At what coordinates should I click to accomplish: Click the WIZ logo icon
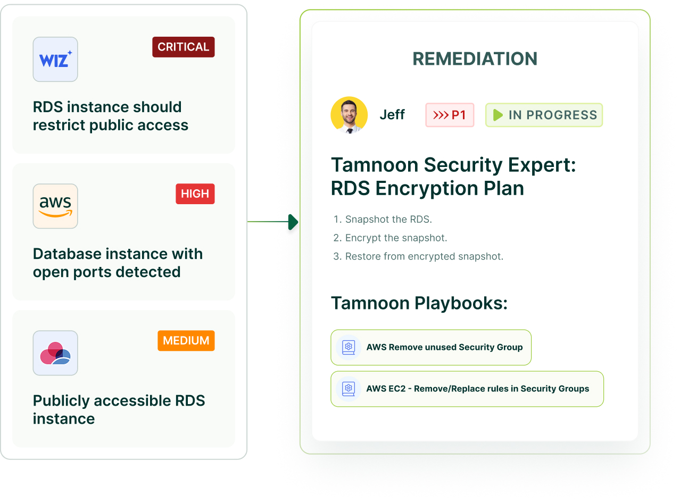55,60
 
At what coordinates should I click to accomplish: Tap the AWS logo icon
55,206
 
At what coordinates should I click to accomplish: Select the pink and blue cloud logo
55,353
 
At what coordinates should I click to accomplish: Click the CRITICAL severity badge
184,47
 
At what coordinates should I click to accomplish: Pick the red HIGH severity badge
195,194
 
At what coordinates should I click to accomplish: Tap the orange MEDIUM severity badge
186,341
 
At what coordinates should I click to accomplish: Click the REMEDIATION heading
475,59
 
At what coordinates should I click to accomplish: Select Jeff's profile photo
349,115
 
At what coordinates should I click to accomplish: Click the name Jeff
392,115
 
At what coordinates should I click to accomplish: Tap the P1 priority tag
450,115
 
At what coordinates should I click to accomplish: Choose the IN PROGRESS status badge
544,115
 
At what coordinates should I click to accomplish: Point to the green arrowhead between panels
293,222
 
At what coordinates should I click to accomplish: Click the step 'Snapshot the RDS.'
388,220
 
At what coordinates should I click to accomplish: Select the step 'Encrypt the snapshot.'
396,238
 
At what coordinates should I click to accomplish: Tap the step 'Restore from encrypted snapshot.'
424,257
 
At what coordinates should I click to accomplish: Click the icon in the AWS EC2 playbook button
349,389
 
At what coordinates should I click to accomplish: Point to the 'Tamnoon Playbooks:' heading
419,304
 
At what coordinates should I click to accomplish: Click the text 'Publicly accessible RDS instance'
119,409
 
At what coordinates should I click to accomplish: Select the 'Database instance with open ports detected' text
118,263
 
